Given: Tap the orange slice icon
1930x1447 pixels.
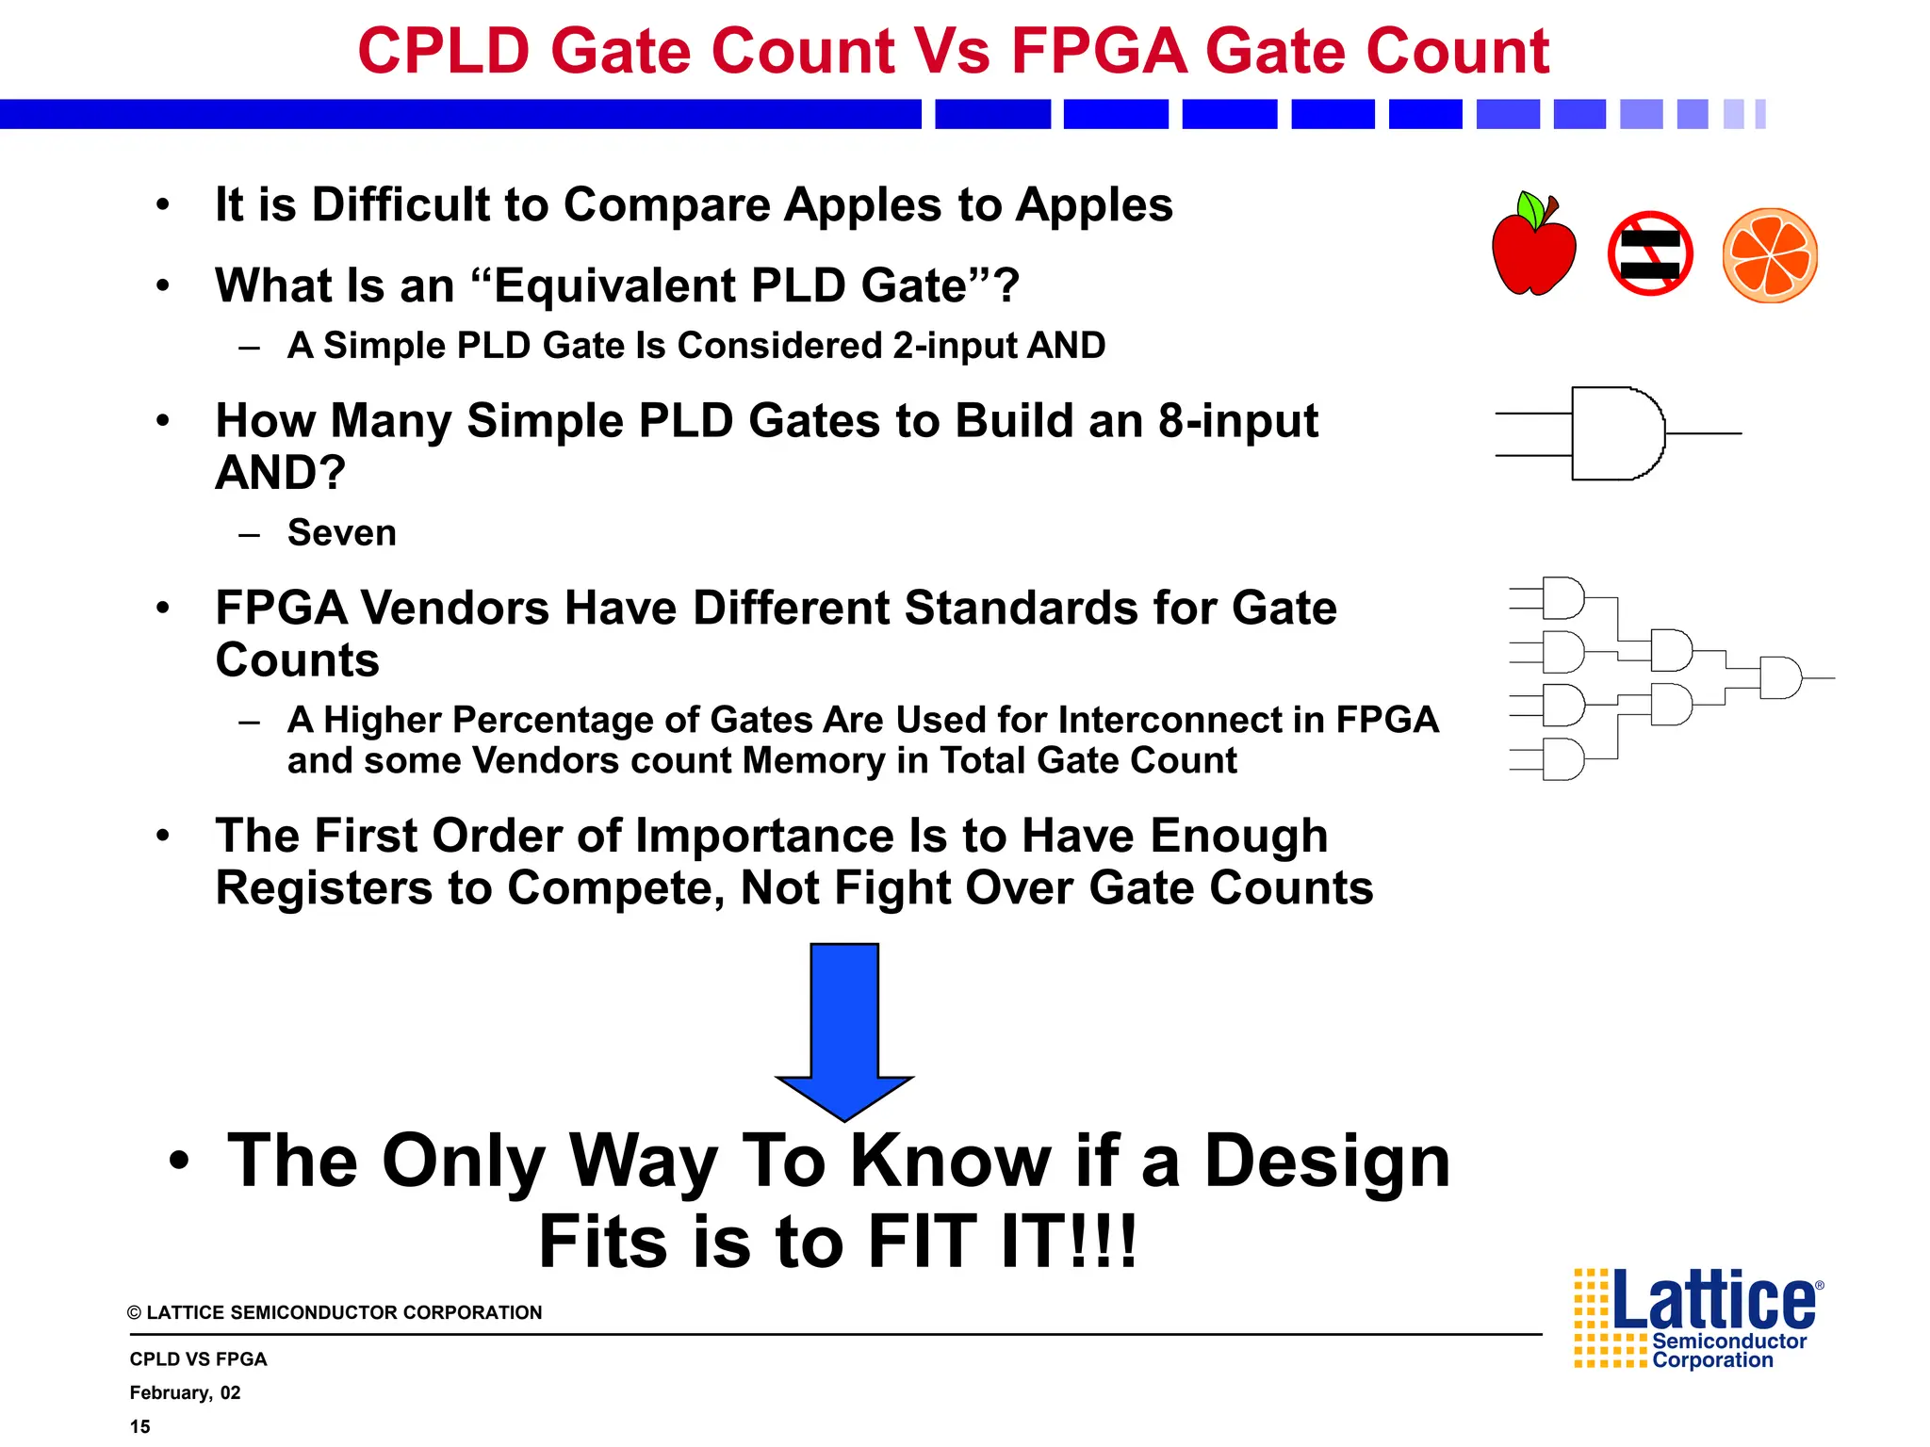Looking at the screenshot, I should pos(1770,255).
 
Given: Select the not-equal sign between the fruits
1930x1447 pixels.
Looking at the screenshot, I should pos(1650,254).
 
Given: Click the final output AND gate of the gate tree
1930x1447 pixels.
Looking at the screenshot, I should pos(1779,677).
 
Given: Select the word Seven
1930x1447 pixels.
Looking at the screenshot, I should pos(342,533).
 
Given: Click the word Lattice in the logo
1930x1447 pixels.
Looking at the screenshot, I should pos(1713,1301).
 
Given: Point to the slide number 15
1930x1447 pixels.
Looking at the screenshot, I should pos(140,1426).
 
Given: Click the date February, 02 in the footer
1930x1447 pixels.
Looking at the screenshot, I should pos(185,1392).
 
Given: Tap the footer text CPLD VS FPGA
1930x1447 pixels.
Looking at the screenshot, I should pos(198,1358).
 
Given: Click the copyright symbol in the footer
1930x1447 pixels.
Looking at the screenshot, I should pos(135,1313).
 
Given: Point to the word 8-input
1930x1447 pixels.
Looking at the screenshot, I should pos(1237,420).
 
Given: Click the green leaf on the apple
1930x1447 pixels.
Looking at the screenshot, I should pos(1530,208).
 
